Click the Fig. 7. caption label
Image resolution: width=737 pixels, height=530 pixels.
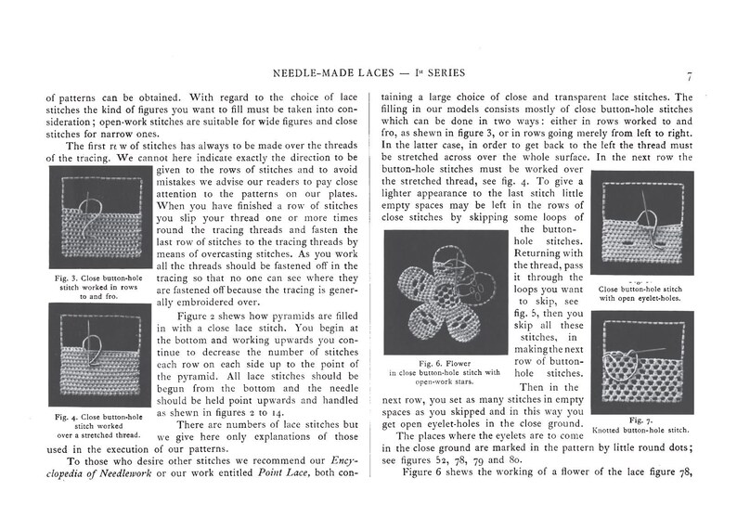(x=642, y=420)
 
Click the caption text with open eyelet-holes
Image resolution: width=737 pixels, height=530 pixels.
(x=641, y=298)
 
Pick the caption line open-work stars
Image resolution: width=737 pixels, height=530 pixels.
(x=446, y=381)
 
